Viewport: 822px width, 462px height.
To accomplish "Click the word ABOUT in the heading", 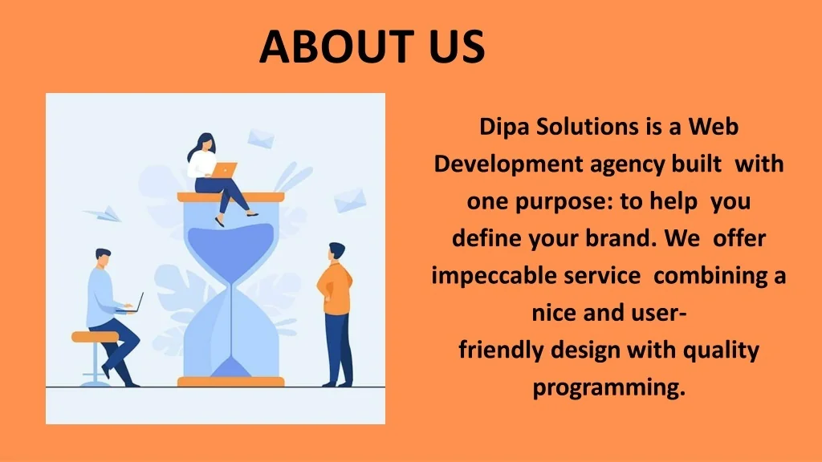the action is (x=337, y=46).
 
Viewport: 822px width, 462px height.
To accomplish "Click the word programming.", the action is (x=609, y=388).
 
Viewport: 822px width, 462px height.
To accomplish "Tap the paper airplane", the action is (x=104, y=213).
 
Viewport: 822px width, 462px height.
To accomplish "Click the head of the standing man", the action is (x=336, y=251).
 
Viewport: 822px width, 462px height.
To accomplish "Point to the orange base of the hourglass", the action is (x=230, y=382).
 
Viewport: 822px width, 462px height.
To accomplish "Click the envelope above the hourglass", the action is (x=261, y=138).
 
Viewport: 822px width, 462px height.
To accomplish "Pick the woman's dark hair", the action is (x=200, y=145).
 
